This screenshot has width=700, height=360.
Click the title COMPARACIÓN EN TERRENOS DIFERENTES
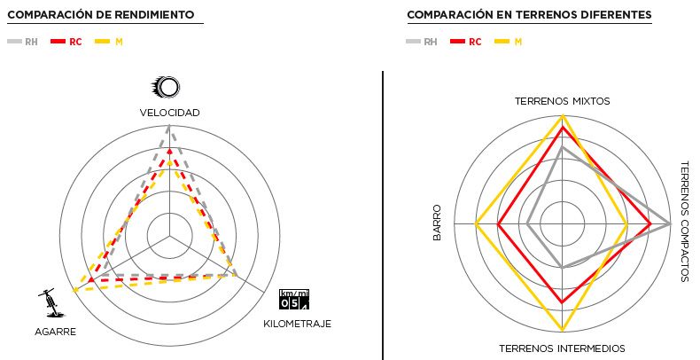(529, 15)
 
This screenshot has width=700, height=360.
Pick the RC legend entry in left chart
(66, 42)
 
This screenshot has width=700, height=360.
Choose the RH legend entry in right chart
(422, 42)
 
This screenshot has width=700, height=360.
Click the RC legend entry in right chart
(466, 42)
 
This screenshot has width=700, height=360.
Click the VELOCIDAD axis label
(169, 113)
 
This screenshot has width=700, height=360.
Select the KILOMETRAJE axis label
(297, 324)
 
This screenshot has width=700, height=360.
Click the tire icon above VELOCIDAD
(168, 87)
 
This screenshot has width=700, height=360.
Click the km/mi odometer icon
(295, 299)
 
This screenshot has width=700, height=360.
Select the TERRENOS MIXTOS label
(562, 101)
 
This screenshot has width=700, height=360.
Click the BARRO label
(437, 224)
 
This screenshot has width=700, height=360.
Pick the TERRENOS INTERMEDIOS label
(562, 348)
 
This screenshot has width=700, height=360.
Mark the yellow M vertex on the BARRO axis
(477, 224)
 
